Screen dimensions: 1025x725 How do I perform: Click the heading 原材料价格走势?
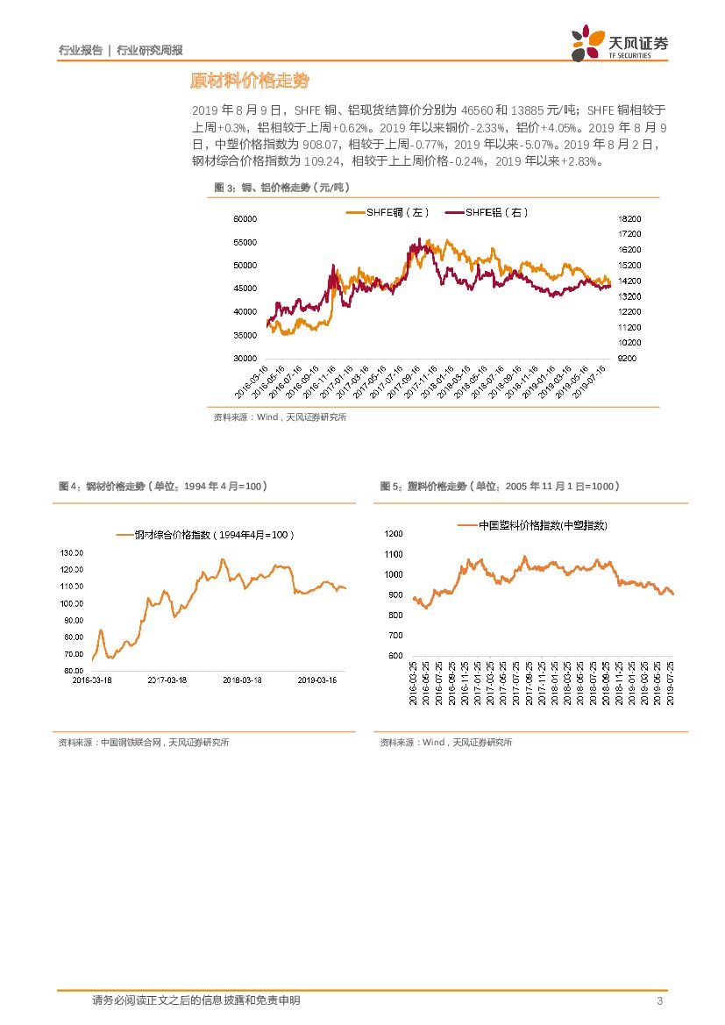(250, 82)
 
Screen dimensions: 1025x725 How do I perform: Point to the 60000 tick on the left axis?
(245, 219)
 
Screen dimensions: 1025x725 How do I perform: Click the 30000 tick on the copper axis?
(245, 359)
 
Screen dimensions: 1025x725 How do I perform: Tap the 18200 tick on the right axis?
(630, 219)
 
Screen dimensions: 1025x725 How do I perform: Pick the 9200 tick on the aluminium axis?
(629, 359)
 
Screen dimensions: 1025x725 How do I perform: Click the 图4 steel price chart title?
(162, 486)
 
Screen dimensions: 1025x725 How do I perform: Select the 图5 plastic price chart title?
(500, 486)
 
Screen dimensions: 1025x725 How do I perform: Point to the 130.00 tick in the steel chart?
(72, 553)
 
